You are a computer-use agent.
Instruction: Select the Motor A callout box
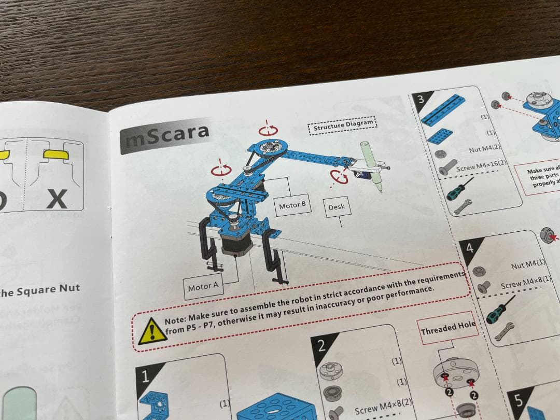pos(203,286)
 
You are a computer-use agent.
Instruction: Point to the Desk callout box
pos(337,207)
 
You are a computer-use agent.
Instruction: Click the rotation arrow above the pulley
pos(269,131)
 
